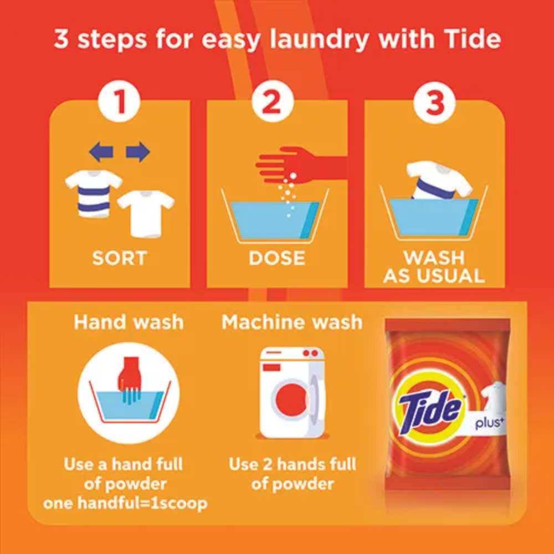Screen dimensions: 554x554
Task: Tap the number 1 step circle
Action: point(120,101)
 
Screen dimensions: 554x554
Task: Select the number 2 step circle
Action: point(273,101)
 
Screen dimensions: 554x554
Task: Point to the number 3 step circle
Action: point(434,101)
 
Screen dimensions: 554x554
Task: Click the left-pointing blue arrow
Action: point(101,152)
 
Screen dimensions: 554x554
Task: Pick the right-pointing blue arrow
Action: point(138,152)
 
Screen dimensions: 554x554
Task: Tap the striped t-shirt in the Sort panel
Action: point(94,193)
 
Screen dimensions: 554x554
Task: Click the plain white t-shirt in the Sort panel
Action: point(146,214)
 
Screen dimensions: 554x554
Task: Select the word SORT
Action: point(120,258)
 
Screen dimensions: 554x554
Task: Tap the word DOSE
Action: point(277,258)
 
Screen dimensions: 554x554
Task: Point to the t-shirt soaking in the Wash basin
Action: point(438,181)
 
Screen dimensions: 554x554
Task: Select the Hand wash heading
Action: point(129,322)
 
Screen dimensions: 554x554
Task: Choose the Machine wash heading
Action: point(292,322)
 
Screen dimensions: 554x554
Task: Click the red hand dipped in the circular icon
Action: point(129,379)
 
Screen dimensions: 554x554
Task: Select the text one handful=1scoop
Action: point(125,503)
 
